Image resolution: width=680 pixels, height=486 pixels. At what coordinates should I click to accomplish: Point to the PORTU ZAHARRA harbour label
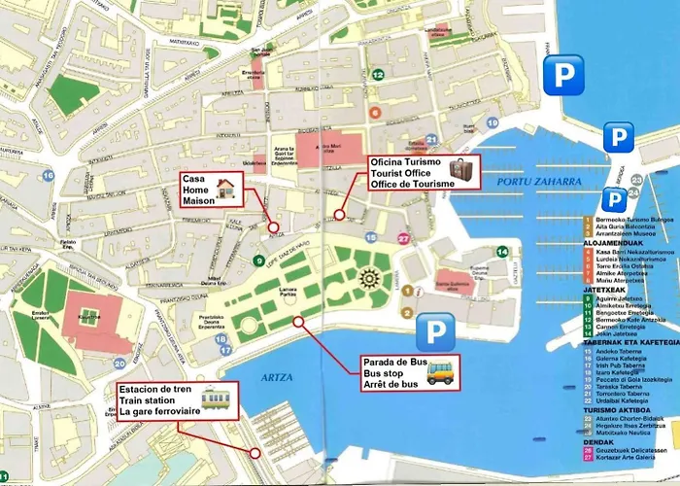click(x=525, y=182)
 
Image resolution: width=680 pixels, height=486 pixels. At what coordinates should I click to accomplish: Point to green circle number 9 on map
click(x=258, y=260)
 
